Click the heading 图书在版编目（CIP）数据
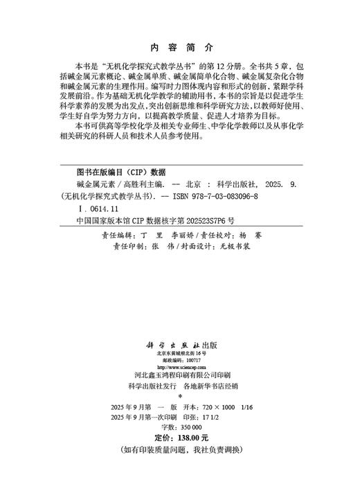tap(121, 172)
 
